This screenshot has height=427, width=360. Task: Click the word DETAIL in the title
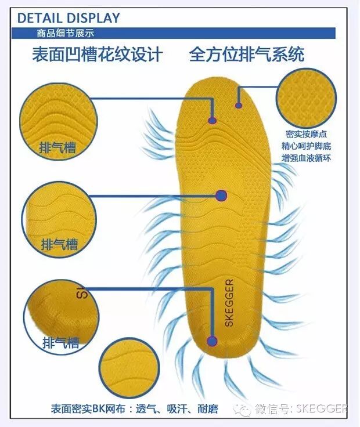tap(40, 18)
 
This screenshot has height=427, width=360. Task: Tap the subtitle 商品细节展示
tap(60, 33)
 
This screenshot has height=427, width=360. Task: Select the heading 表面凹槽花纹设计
tap(97, 55)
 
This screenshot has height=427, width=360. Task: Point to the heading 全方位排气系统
tap(247, 55)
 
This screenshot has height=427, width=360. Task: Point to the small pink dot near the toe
tap(238, 106)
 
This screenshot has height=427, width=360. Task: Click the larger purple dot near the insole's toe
tap(213, 121)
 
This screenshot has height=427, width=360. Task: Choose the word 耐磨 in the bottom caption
tap(207, 409)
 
